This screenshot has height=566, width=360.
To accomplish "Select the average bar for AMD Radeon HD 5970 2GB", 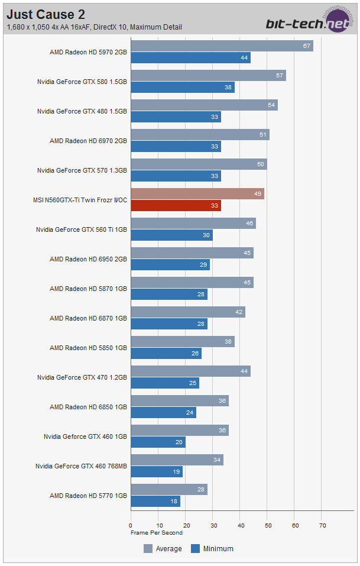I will pos(222,46).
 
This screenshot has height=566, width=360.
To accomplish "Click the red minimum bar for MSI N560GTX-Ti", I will pos(176,206).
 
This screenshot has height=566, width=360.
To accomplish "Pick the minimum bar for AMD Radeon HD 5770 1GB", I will pos(155,502).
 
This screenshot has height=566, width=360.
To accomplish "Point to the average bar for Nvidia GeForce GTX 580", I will pos(208,76).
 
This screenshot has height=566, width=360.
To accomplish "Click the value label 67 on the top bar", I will pos(307,46).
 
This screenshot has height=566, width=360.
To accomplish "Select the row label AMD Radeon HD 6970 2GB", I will pos(88,141).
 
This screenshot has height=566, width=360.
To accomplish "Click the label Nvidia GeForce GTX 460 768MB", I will pos(81,466).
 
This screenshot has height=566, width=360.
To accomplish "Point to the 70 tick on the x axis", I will pos(322,525).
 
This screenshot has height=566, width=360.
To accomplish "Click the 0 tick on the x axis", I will pos(131,525).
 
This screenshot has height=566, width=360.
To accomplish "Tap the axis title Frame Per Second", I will pos(157,532).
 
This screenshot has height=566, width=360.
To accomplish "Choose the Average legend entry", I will pos(163,549).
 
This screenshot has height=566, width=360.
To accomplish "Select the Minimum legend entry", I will pos(212,549).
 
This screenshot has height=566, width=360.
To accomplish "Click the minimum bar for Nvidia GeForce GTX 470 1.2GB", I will pos(165,383).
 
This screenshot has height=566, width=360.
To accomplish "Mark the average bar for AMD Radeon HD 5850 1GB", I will pos(183,342).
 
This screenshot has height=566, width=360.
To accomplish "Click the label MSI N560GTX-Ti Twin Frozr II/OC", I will pos(80,200).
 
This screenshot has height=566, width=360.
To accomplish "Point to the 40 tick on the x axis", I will pos(240,525).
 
